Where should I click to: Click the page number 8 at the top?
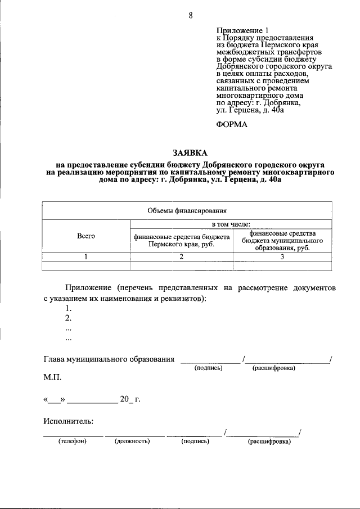[x=191, y=16]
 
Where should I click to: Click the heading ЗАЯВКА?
[x=190, y=152]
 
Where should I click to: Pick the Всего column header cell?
[x=86, y=237]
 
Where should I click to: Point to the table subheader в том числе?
[x=231, y=224]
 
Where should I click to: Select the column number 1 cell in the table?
[x=86, y=256]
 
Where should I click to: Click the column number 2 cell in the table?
[x=182, y=256]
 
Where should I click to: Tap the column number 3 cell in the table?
[x=282, y=256]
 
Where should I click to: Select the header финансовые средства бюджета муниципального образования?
[x=282, y=241]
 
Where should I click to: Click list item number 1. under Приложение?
[x=69, y=308]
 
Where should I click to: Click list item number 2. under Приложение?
[x=69, y=318]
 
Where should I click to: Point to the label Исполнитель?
[x=68, y=420]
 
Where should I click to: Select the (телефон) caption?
[x=72, y=442]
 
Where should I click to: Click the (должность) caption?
[x=132, y=442]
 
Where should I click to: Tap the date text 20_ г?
[x=129, y=400]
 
